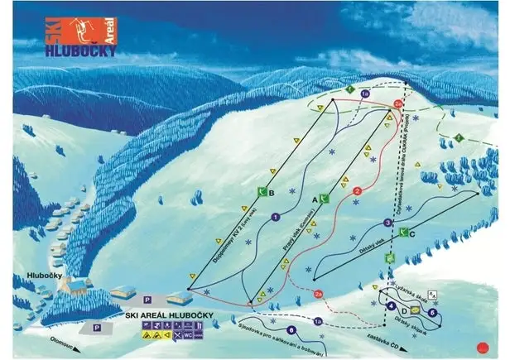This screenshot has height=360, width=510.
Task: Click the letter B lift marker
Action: [270, 194]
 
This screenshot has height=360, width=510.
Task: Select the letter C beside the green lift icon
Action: [411, 234]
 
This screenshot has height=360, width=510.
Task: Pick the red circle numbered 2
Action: [357, 191]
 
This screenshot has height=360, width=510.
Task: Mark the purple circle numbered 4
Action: [389, 307]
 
